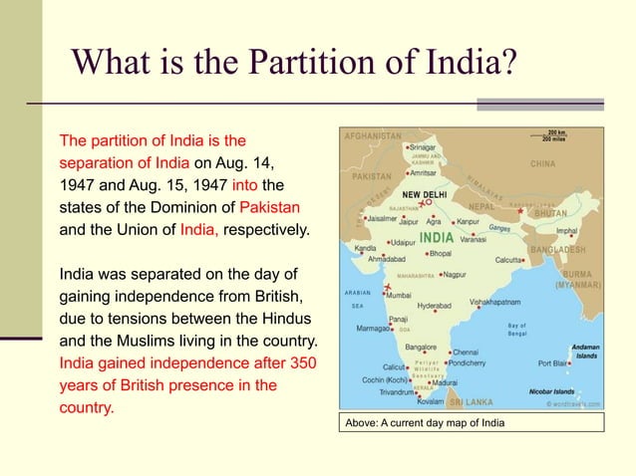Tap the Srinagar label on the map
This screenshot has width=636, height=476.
429,146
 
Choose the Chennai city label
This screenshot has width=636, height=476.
471,352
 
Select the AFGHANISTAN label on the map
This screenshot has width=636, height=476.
374,135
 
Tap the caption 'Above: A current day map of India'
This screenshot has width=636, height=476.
425,423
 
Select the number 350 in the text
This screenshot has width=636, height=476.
297,362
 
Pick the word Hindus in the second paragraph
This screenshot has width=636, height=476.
286,318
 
